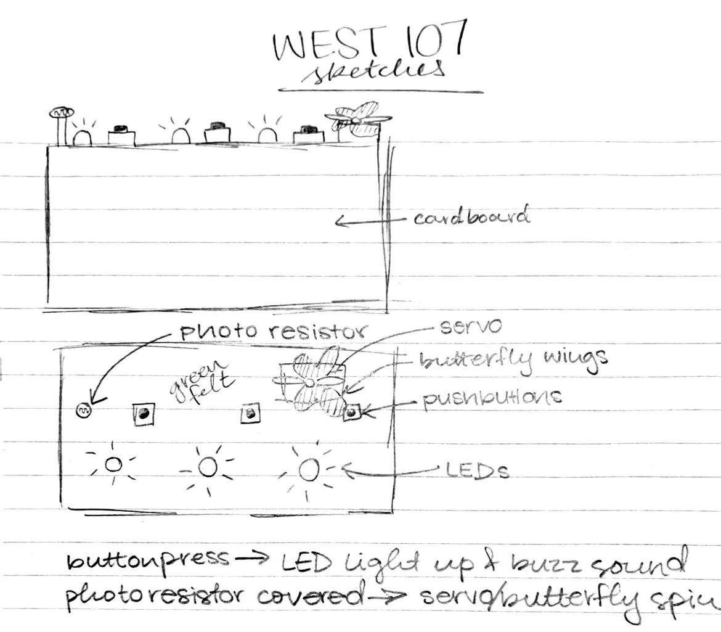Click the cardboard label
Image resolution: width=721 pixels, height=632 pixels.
(x=471, y=218)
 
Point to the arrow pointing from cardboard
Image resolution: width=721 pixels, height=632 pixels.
(x=370, y=220)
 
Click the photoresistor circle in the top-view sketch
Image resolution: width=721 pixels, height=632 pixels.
(x=84, y=410)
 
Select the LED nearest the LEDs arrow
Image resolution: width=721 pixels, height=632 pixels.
(x=308, y=470)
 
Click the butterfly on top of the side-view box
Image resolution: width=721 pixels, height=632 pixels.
(x=356, y=120)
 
